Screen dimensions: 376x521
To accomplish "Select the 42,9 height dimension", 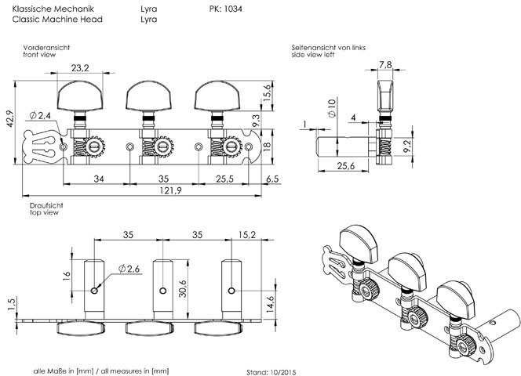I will click(8, 119).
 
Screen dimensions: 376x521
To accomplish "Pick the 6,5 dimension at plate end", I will click(273, 179).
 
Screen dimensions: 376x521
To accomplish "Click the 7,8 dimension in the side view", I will click(386, 64).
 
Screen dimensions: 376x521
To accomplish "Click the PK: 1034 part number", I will click(227, 8).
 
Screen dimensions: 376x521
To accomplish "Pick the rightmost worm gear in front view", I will click(232, 146).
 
